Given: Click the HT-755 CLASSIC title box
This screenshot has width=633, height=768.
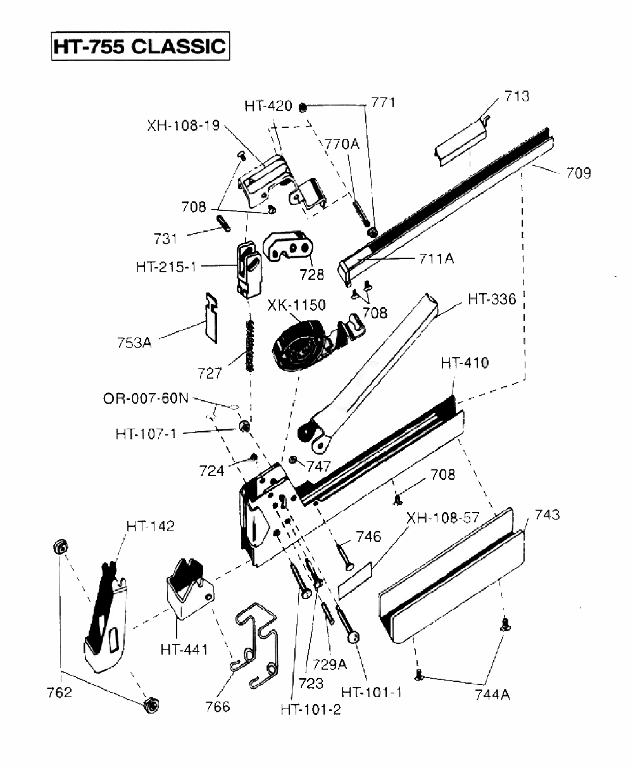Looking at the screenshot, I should coord(139,46).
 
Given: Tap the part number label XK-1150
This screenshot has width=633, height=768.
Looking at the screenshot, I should coord(296,306).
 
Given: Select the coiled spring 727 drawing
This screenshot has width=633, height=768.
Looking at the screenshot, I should coord(251,346).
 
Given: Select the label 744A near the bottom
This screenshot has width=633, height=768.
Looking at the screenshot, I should coord(492,695).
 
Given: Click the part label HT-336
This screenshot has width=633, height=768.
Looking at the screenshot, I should coord(492,299).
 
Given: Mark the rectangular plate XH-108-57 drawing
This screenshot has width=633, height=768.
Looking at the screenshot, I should coord(356,579).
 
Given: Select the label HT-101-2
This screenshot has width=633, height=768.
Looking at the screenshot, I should coord(310,709).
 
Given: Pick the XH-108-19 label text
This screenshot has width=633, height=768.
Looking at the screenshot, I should coord(184,125).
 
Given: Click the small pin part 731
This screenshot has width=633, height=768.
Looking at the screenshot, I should coord(223,223).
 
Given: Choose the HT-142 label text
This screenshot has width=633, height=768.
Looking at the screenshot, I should coord(150,526).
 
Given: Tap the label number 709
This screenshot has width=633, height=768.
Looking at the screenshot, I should coord(579,172).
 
